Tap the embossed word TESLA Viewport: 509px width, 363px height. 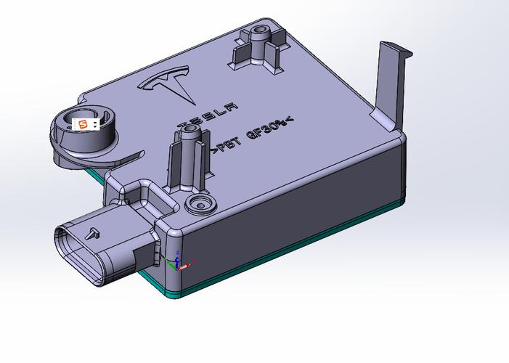pos(208,115)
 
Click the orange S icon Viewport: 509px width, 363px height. pos(84,124)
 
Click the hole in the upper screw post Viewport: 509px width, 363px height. pos(259,30)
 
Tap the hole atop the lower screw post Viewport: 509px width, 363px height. pos(189,129)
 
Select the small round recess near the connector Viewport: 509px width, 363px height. pos(200,205)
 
